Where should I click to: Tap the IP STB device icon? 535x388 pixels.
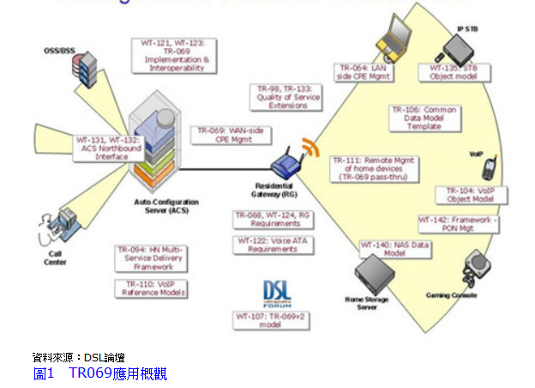click(x=460, y=45)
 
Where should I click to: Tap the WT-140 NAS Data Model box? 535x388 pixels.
click(x=383, y=249)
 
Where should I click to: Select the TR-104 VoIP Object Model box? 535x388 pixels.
click(x=471, y=195)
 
